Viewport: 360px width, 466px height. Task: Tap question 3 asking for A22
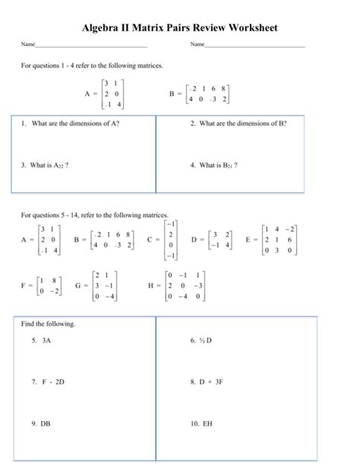coord(46,164)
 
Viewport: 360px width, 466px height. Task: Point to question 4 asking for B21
coord(214,164)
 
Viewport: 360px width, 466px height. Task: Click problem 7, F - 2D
coord(47,382)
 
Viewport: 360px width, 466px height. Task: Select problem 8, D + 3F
coord(206,382)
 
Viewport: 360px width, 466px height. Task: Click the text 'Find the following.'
coord(48,324)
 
